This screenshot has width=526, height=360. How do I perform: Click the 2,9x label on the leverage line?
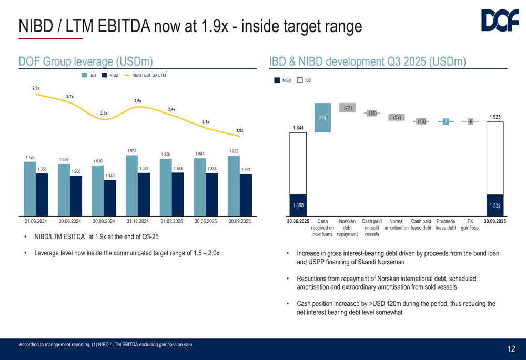tap(36, 88)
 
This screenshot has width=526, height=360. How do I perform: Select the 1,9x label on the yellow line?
tap(240, 130)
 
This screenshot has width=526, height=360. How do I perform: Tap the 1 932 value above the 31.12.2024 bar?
tap(132, 151)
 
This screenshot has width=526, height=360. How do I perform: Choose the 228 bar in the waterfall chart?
tap(322, 118)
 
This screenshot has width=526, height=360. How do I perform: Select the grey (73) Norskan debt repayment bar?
tap(348, 108)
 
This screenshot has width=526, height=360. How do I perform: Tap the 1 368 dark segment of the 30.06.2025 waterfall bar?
tap(298, 205)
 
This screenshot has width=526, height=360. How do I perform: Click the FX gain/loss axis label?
tap(470, 225)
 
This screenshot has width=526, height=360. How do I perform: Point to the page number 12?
tap(511, 349)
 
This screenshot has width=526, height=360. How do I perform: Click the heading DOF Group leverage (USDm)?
tap(86, 61)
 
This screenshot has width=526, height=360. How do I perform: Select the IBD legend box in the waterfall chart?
tap(300, 80)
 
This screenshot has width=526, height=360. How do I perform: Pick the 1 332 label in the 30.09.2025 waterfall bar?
tap(495, 205)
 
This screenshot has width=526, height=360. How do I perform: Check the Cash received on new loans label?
tap(323, 228)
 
